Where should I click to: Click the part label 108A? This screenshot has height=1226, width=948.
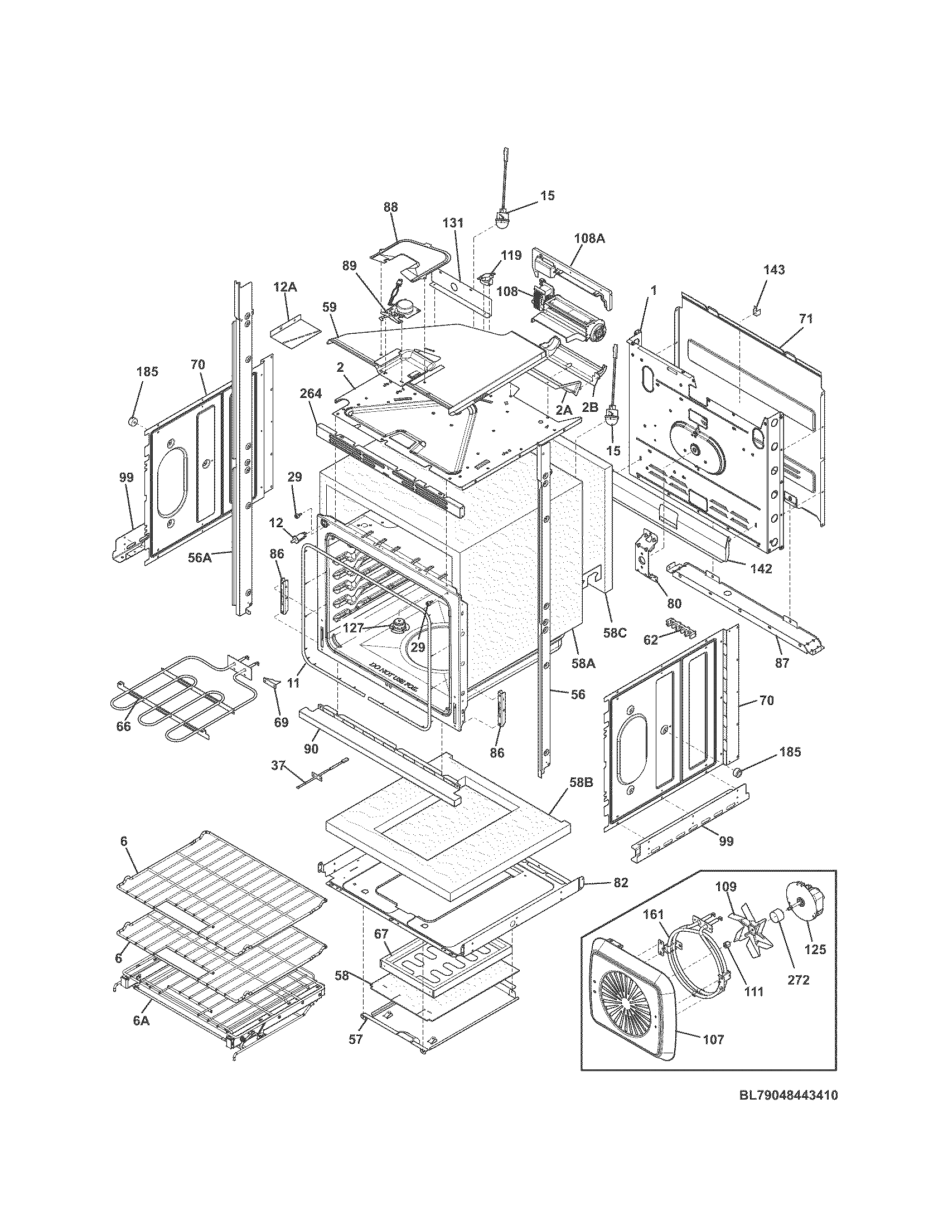tap(589, 238)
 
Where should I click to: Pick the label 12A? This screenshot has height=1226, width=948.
tap(285, 288)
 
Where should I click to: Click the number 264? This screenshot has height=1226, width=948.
tap(311, 393)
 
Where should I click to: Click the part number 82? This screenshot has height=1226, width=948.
tap(620, 883)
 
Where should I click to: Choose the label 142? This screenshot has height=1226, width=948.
tap(761, 568)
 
